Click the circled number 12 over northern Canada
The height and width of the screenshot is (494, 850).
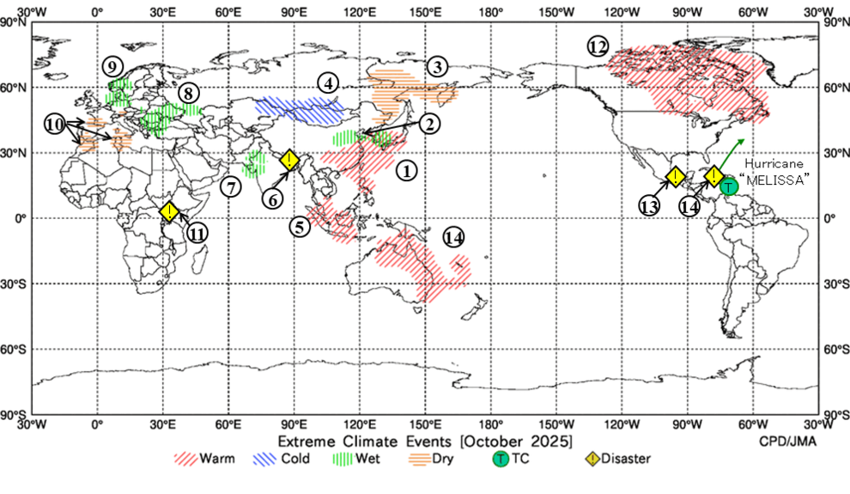coord(597,46)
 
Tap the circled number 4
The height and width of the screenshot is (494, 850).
coord(326,83)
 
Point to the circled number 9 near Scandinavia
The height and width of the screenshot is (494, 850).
coord(112,66)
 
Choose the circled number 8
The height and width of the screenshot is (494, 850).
coord(188,92)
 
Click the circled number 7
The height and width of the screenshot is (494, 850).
coord(229,186)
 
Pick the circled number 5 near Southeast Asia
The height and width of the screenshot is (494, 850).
coord(299,227)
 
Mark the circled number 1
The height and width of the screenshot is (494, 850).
coord(406,170)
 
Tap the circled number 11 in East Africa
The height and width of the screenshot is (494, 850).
coord(197,232)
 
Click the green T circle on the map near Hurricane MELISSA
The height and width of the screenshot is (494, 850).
coord(729,186)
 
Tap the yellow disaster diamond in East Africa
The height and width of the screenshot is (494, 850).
coord(170,211)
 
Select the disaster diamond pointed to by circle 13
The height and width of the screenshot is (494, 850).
coord(677,177)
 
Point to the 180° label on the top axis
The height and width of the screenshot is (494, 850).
coord(490,12)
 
